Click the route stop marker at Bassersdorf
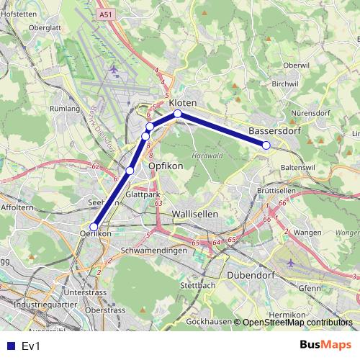click(266, 145)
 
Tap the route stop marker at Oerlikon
click(94, 227)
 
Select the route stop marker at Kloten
click(177, 114)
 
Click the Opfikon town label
click(166, 166)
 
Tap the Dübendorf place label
click(252, 275)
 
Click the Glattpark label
click(141, 194)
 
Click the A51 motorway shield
click(107, 14)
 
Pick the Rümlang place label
click(64, 109)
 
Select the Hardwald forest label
click(208, 156)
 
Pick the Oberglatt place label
click(45, 27)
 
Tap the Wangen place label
click(307, 233)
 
